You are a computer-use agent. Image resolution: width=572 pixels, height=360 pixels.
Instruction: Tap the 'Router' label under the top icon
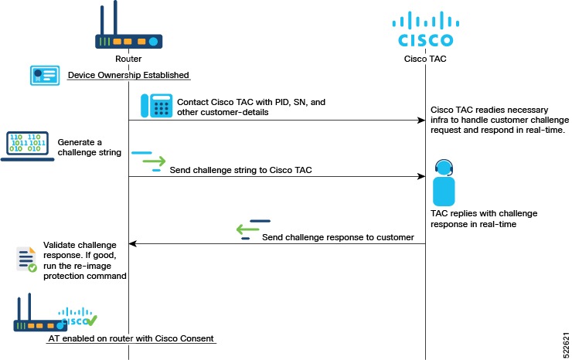pyautogui.click(x=128, y=59)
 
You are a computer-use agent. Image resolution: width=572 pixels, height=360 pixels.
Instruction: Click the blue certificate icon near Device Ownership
pyautogui.click(x=45, y=75)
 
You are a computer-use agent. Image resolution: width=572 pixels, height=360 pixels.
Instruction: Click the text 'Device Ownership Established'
pyautogui.click(x=128, y=75)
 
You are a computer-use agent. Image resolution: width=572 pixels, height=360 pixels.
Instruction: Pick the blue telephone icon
pyautogui.click(x=156, y=106)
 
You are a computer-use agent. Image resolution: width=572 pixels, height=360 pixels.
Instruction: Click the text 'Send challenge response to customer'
pyautogui.click(x=338, y=237)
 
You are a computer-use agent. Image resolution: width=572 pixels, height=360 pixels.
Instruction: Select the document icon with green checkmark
pyautogui.click(x=26, y=260)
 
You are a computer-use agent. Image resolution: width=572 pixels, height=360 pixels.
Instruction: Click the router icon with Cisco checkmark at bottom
pyautogui.click(x=54, y=314)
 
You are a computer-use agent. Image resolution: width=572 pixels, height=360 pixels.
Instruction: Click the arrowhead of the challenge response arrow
pyautogui.click(x=132, y=244)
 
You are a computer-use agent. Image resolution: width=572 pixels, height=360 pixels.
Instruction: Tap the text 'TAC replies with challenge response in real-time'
pyautogui.click(x=483, y=219)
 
